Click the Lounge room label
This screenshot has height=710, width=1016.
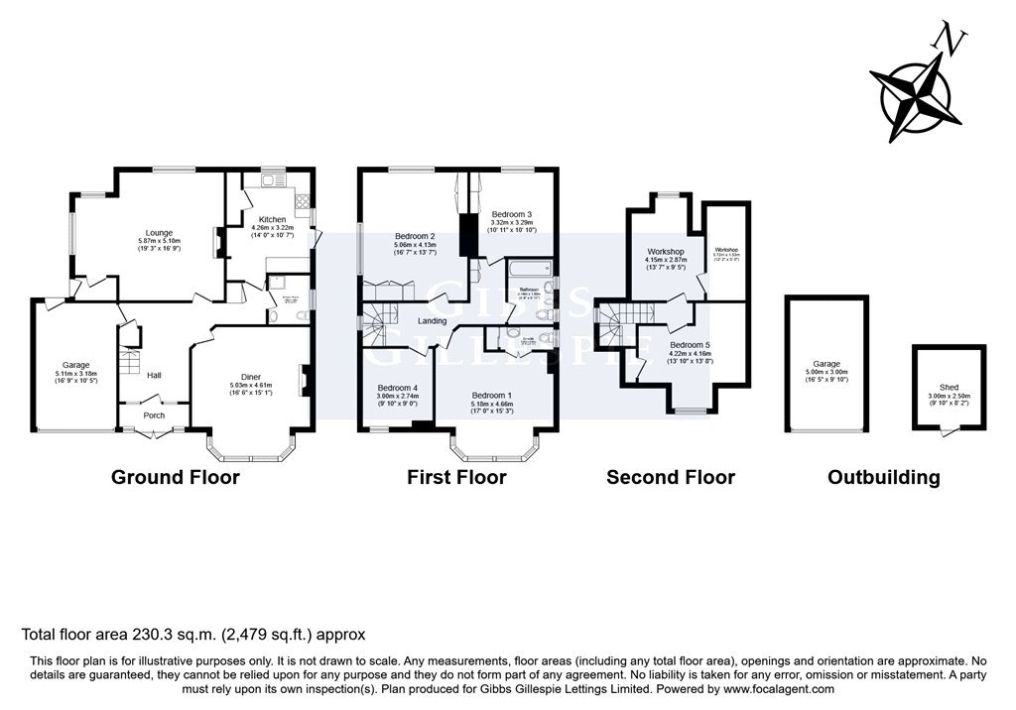(x=159, y=233)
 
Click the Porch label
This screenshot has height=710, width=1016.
(x=154, y=415)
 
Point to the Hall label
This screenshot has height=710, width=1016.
(x=154, y=376)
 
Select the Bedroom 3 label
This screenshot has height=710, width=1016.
(x=512, y=214)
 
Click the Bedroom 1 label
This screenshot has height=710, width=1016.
(x=493, y=396)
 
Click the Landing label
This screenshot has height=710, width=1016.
(x=432, y=321)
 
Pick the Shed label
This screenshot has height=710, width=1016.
(x=950, y=388)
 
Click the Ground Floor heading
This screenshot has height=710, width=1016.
(x=176, y=477)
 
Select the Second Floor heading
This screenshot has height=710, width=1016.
(x=671, y=477)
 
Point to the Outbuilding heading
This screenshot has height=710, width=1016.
(x=884, y=477)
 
